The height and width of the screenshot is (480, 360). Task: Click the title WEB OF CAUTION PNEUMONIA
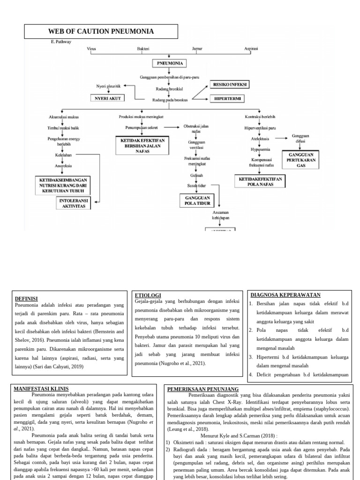point(101,31)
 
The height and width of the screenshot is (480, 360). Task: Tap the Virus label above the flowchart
point(91,49)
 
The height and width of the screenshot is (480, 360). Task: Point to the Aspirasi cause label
point(251,49)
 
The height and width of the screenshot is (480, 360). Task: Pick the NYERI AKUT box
point(108,98)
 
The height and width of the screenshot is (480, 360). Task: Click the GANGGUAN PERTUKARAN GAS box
point(300,160)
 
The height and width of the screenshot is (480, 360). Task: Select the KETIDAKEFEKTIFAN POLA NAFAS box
point(260,181)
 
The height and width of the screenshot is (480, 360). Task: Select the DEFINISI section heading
point(26,299)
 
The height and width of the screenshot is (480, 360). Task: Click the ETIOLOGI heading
point(148,295)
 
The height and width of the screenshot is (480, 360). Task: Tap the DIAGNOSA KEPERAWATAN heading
point(285,295)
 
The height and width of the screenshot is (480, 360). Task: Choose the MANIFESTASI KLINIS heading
point(41,389)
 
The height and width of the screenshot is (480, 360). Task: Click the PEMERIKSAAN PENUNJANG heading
point(202,389)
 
